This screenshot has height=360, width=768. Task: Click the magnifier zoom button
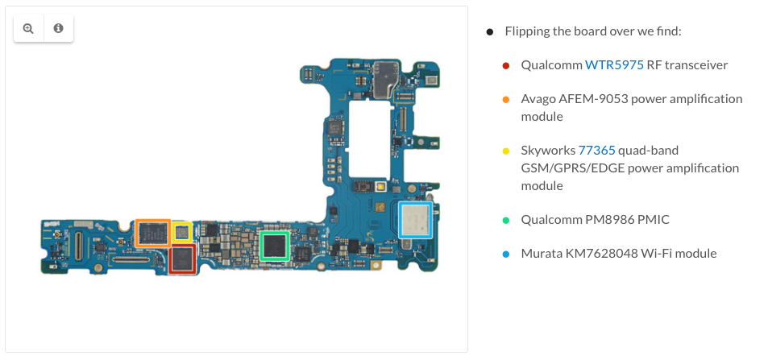(28, 28)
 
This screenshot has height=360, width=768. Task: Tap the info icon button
(58, 28)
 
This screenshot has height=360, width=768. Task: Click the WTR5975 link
(614, 64)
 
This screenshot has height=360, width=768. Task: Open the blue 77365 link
(596, 150)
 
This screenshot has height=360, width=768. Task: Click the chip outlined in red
(182, 259)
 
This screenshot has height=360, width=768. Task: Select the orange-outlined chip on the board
(153, 233)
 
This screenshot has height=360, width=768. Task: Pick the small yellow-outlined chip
(181, 232)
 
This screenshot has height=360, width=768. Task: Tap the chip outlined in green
(274, 246)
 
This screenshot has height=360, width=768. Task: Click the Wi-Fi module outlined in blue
(415, 220)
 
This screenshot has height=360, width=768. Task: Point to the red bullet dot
(506, 65)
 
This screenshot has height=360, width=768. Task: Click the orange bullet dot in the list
(506, 99)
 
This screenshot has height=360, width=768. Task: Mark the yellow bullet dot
(506, 151)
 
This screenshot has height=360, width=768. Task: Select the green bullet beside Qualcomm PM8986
(506, 221)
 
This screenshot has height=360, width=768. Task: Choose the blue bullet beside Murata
(506, 254)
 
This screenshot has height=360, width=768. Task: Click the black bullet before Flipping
(490, 32)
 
